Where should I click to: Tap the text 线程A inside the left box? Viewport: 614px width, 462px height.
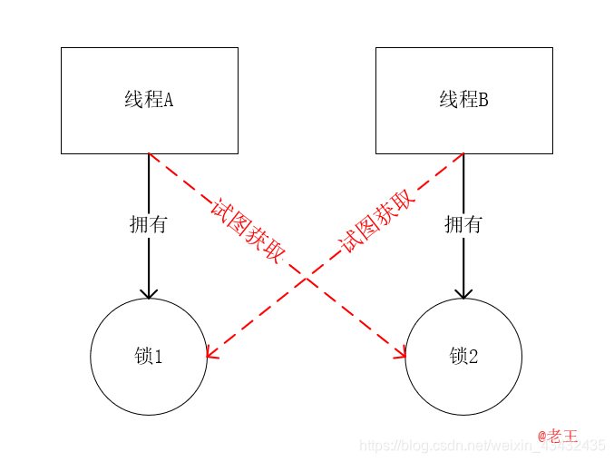point(149,100)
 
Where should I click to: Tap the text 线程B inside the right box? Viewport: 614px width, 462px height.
point(463,100)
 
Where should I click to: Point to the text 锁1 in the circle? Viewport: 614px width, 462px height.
point(149,357)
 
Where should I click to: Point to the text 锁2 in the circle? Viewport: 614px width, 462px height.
point(463,357)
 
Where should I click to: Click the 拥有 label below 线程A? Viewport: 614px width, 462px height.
point(149,224)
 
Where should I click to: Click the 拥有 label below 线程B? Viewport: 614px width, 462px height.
point(463,224)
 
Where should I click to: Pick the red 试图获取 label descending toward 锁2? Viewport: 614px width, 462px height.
point(247,230)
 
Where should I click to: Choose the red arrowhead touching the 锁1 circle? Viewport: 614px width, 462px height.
point(212,352)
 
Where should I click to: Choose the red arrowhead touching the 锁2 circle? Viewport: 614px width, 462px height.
point(400,352)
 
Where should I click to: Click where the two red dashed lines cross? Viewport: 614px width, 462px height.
point(306,278)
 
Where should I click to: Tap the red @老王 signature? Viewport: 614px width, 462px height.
point(557,437)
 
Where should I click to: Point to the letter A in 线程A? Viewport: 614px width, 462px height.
point(168,100)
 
